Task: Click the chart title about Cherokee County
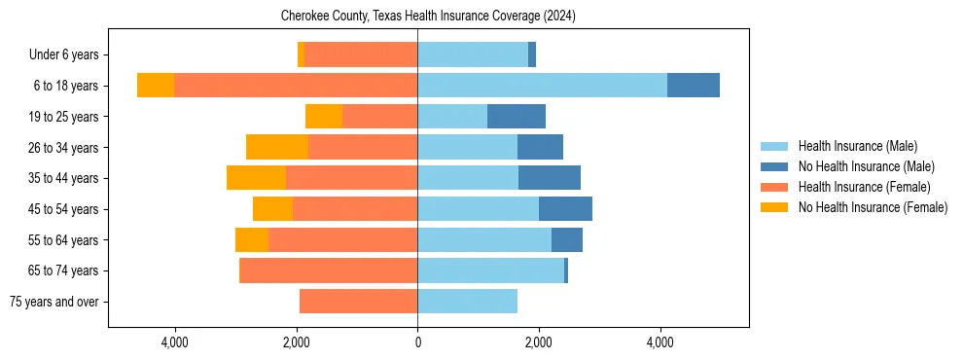428,17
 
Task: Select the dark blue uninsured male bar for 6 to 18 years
694,85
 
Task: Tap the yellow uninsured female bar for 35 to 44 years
256,178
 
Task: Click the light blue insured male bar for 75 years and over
467,302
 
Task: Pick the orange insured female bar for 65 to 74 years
328,270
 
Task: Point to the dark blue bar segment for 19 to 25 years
517,117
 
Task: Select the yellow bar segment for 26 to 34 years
277,147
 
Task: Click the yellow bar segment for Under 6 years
302,54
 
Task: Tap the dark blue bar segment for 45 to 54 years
565,209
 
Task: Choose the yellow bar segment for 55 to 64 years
252,240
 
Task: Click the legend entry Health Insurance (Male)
857,146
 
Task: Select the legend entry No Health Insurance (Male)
866,166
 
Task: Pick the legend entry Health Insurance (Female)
864,187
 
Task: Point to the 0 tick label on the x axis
417,342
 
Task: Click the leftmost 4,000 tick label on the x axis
175,342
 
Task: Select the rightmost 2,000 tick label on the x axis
539,342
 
